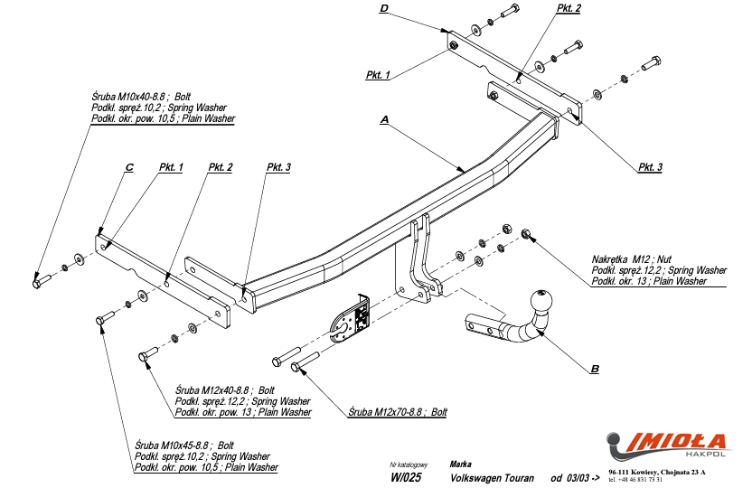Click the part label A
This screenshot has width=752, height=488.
(385, 119)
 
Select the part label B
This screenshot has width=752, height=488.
(594, 369)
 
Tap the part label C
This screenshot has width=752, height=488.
(129, 168)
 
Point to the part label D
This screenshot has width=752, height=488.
(383, 8)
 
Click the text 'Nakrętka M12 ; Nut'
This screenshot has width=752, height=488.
(633, 259)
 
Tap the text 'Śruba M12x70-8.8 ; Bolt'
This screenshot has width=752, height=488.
(398, 412)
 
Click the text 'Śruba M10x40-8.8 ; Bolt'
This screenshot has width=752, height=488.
(141, 97)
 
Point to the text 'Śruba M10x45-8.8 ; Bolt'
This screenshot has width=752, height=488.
(184, 446)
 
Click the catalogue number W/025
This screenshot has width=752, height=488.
(406, 478)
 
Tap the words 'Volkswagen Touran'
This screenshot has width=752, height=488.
(492, 478)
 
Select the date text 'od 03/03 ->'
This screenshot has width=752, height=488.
(575, 478)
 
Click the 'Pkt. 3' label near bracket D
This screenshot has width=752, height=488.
(650, 167)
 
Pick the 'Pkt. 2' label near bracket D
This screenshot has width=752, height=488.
(569, 8)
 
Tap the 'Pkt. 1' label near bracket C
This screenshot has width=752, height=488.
(171, 167)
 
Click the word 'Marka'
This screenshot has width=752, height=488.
(460, 464)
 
